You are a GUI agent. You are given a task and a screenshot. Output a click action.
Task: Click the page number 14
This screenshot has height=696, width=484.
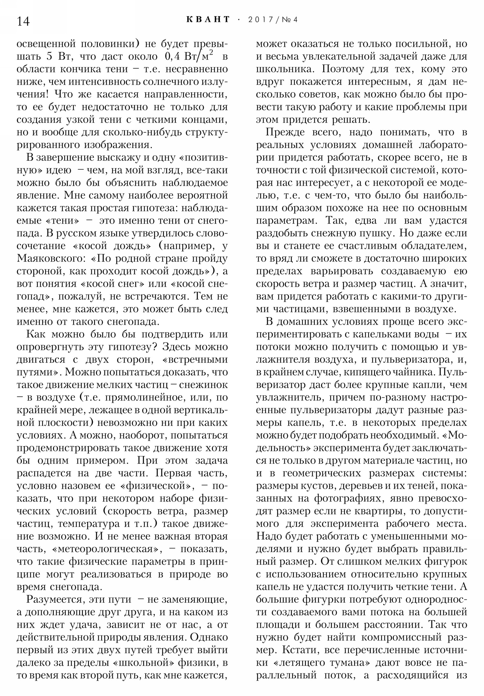click(23, 21)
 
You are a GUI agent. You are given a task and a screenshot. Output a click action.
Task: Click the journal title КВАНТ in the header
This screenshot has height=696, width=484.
click(208, 20)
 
